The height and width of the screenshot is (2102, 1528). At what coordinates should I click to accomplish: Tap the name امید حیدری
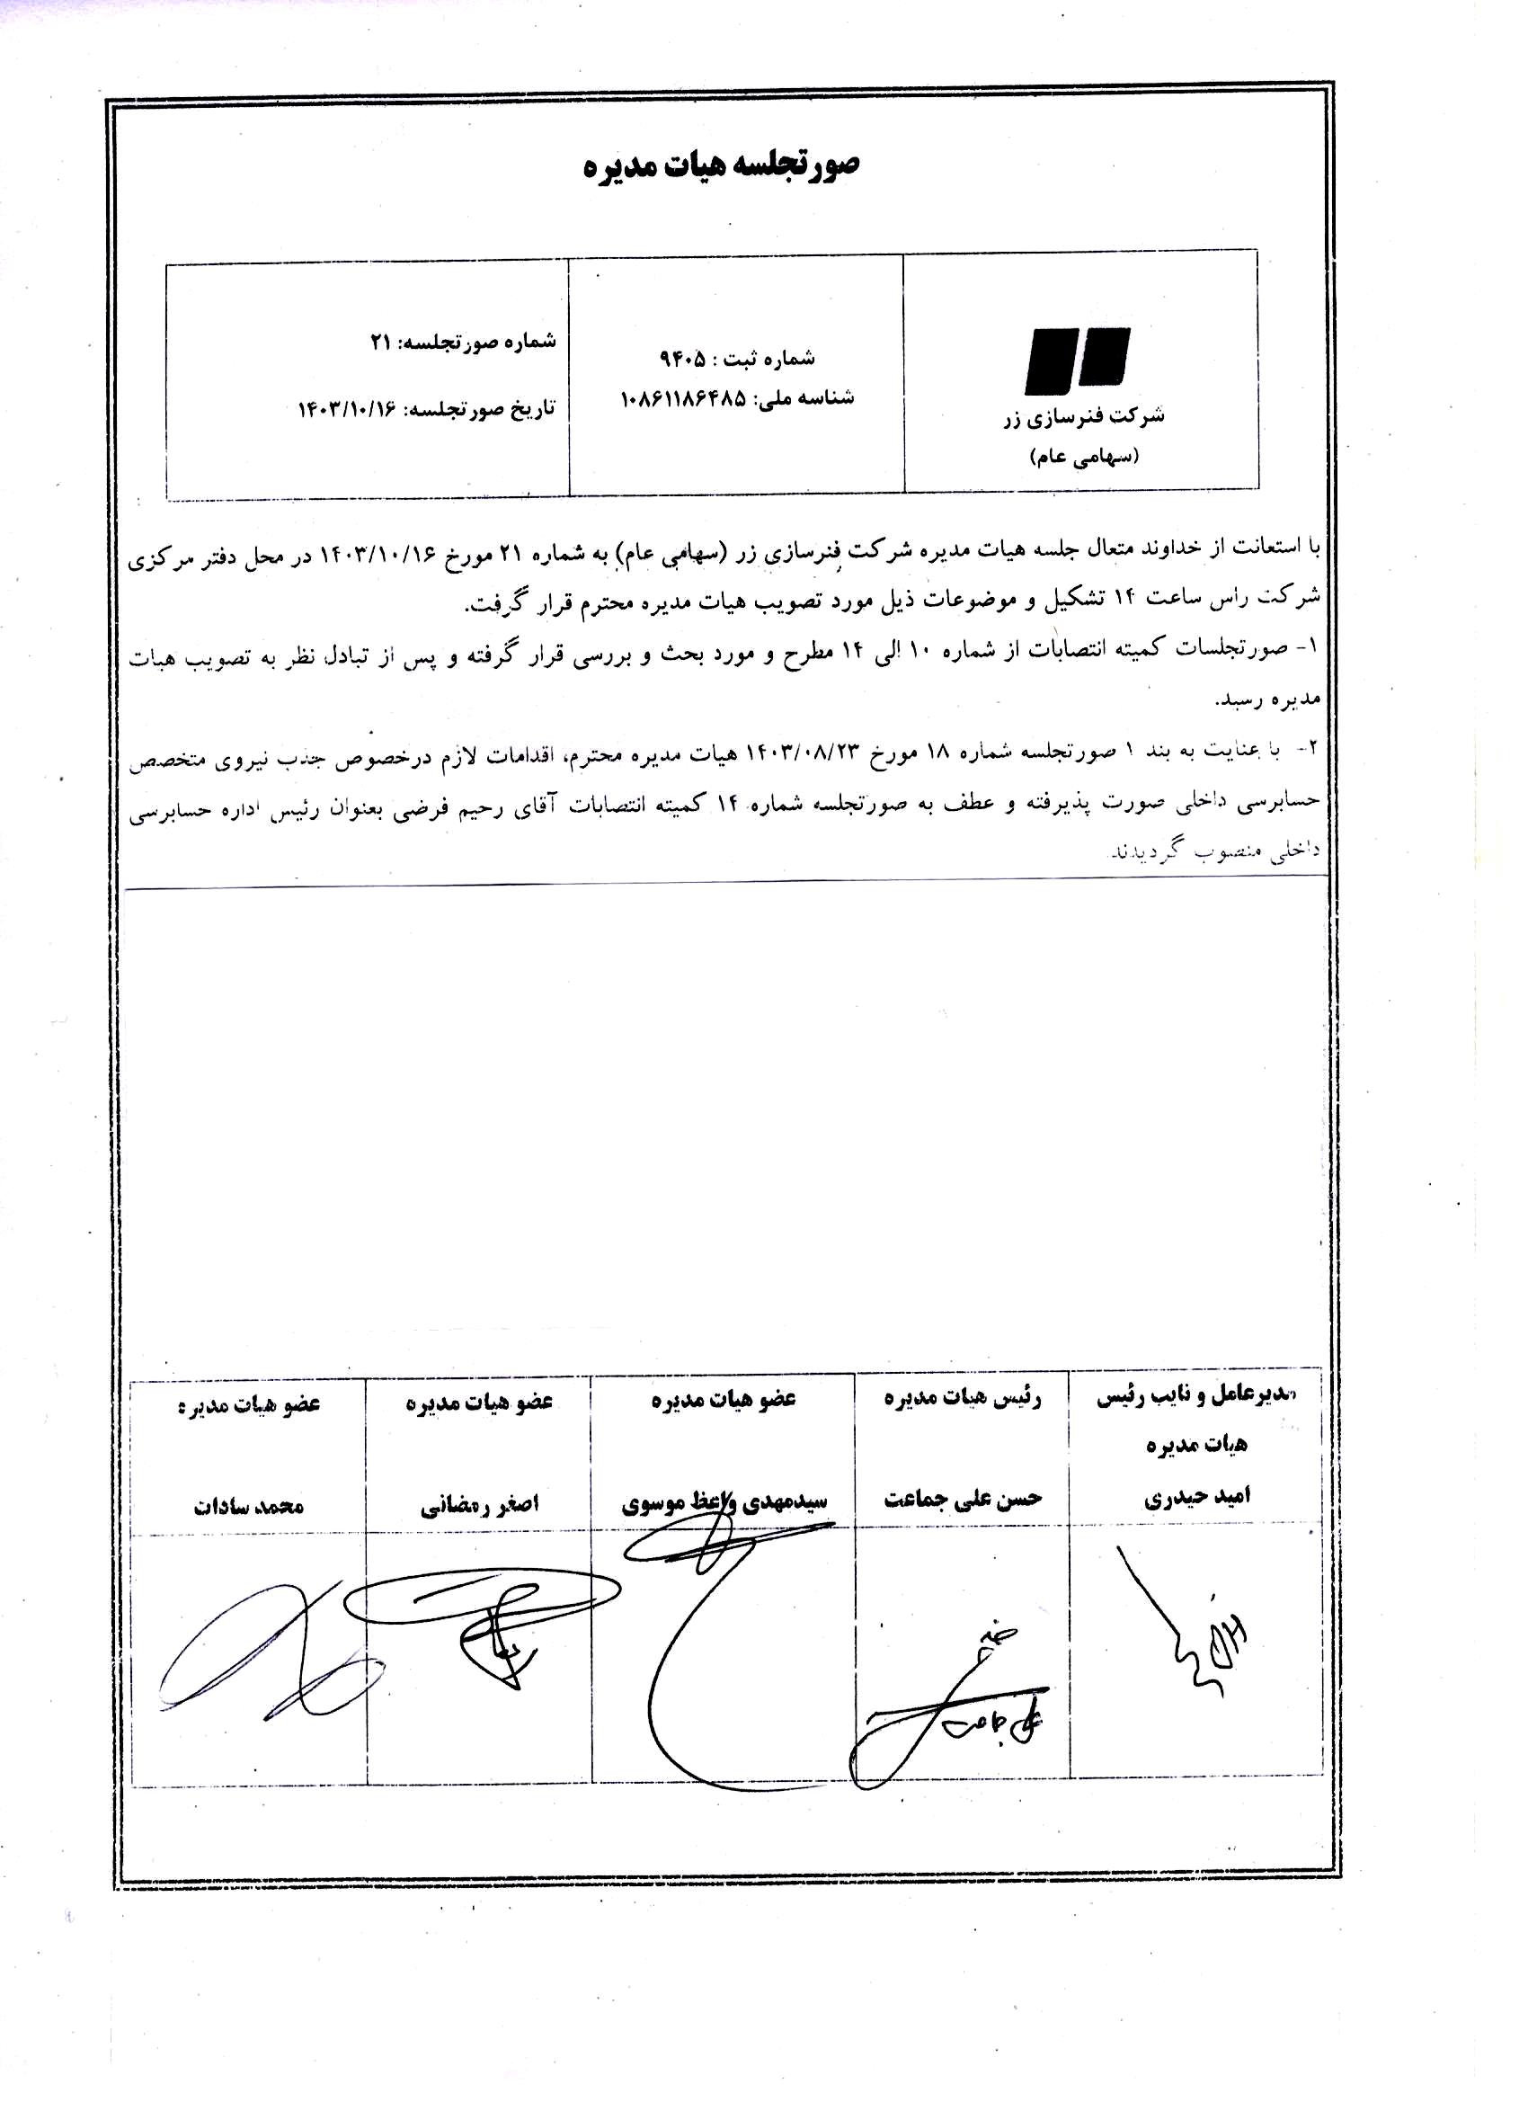click(1196, 1497)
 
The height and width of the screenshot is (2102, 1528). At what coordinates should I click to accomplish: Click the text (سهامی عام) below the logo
click(1083, 457)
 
